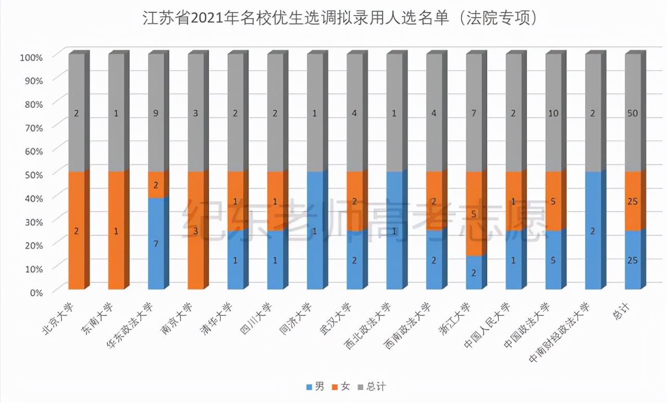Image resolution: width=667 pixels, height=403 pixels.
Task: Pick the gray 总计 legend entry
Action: pos(371,386)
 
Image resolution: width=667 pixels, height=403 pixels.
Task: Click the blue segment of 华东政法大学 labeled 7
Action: pos(156,243)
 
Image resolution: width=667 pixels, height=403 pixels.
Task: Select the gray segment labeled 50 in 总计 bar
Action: pos(633,113)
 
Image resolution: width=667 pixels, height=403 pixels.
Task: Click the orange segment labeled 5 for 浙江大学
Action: pos(474,213)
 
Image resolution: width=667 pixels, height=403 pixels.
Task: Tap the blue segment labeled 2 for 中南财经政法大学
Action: pos(593,231)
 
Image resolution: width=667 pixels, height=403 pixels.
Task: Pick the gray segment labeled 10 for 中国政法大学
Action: pos(553,113)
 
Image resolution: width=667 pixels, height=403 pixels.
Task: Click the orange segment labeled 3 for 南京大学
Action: pos(195,231)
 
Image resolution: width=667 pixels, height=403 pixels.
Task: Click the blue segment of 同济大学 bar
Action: pos(315,231)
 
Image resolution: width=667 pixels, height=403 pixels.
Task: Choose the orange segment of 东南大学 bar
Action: pos(116,231)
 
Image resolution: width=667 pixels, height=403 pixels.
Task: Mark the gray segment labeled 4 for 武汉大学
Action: pos(354,113)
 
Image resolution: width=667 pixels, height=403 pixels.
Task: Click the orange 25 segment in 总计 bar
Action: pos(633,201)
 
